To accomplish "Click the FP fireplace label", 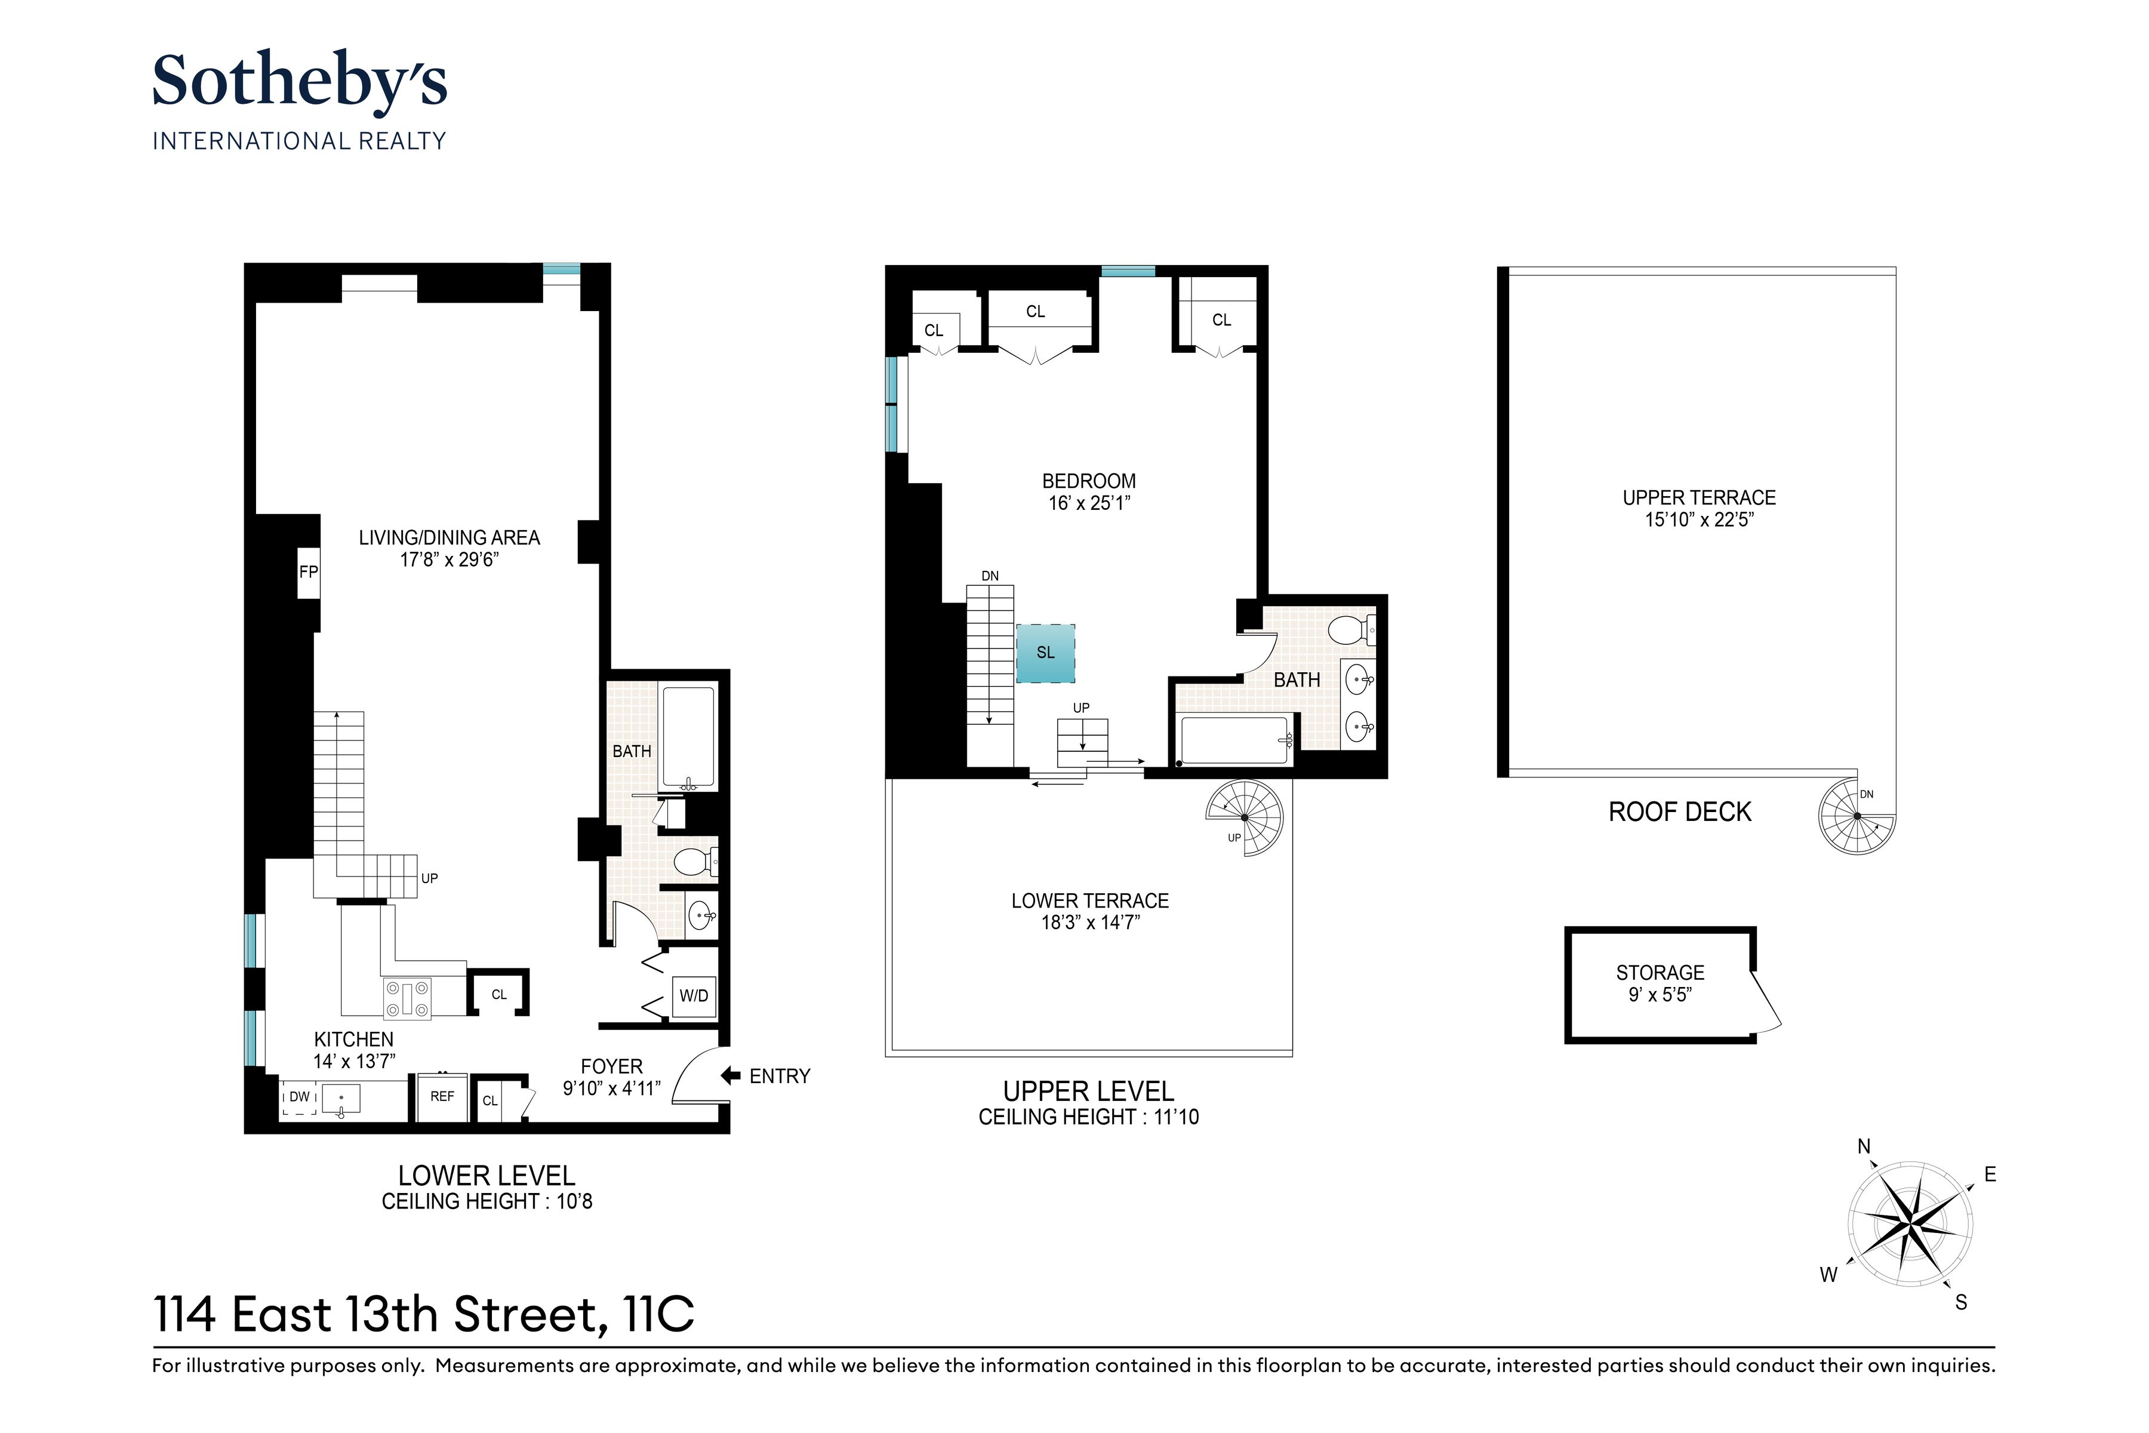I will (309, 572).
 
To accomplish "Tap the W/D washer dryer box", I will (694, 995).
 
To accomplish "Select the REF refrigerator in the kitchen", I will (442, 1096).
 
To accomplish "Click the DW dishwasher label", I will (300, 1097).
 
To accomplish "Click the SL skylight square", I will (1045, 653).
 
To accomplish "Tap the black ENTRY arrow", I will (730, 1076).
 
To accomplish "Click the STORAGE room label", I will (1660, 973).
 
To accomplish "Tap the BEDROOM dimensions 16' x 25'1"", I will (1089, 503).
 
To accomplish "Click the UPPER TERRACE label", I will (1698, 498).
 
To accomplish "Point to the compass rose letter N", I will (1864, 1147).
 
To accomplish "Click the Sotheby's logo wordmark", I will (300, 83).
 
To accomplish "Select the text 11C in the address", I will (658, 1314).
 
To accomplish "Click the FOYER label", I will (611, 1066).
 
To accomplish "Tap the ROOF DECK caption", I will (1679, 811).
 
